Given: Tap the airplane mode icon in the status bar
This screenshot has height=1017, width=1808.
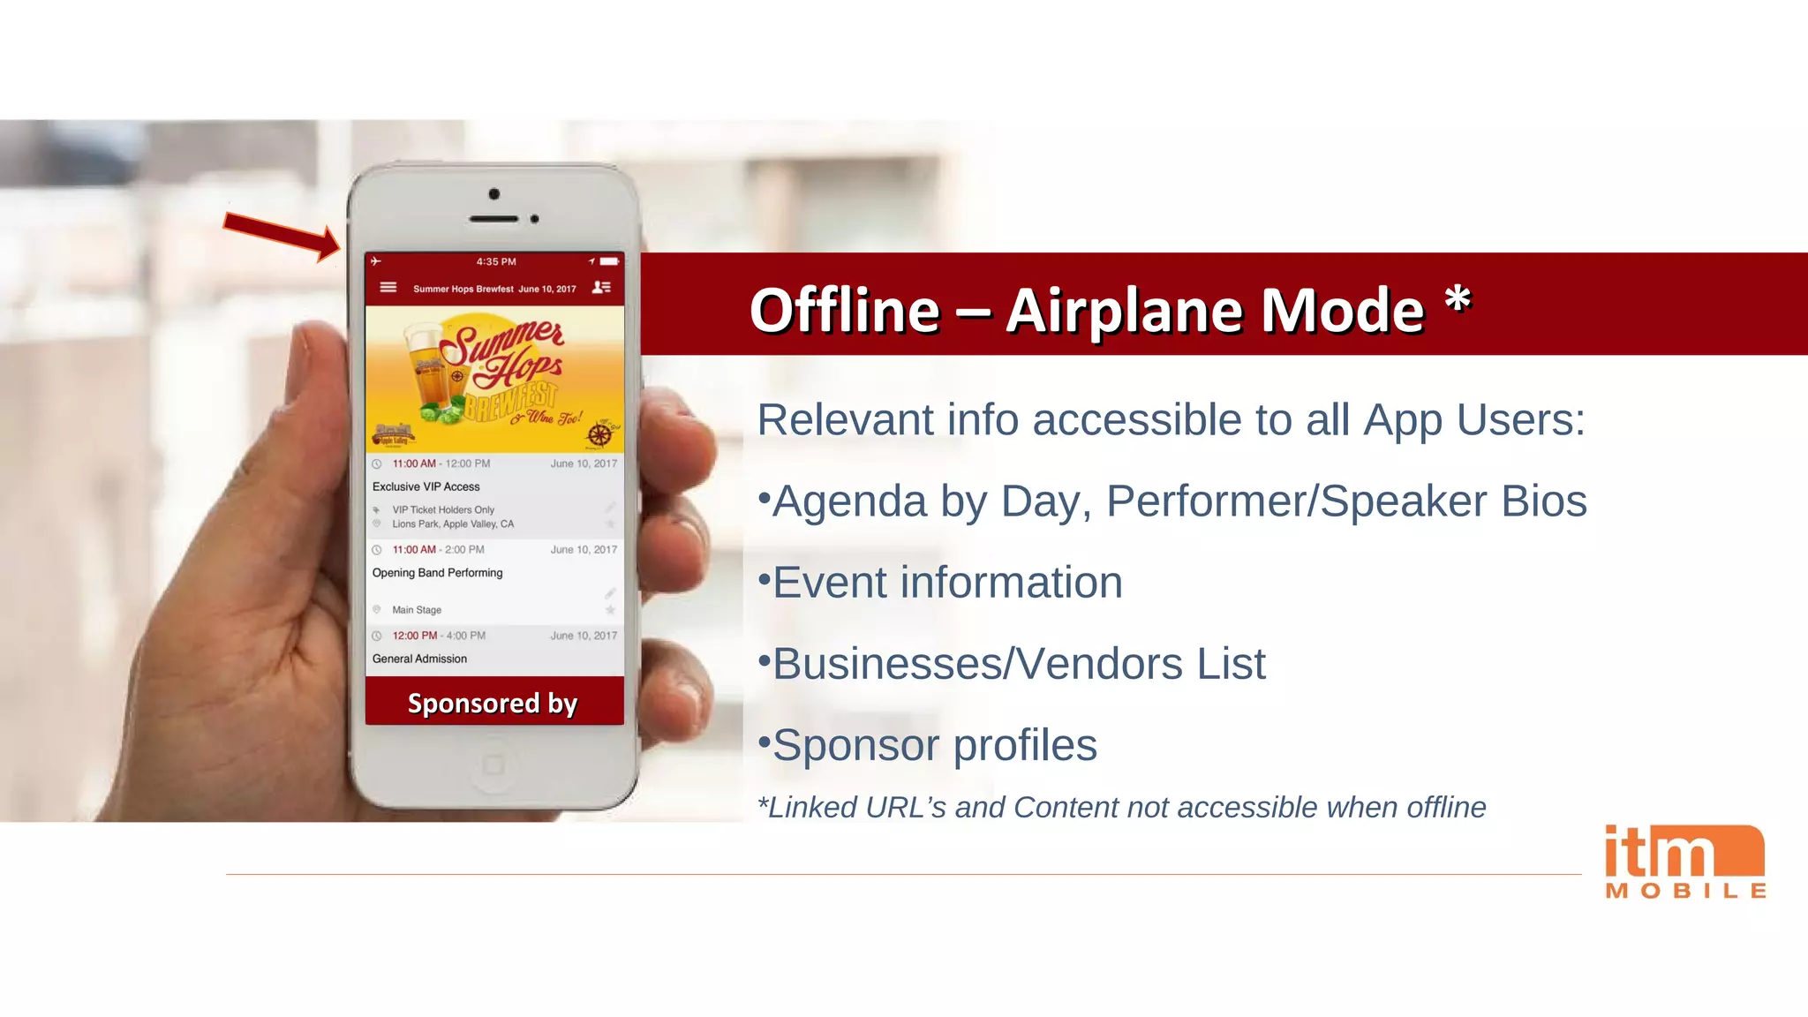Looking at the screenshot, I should [x=376, y=261].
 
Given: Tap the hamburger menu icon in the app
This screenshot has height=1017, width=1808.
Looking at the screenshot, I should [x=388, y=287].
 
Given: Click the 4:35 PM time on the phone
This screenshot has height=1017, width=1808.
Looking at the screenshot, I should [x=496, y=262].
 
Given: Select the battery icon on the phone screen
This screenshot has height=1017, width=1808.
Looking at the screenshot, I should [x=609, y=261].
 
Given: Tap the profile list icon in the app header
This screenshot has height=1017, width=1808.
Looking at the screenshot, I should [x=601, y=287].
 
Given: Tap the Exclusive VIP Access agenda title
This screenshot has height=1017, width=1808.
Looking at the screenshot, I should [x=426, y=486].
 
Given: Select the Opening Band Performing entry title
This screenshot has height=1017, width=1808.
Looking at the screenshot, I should [x=438, y=573].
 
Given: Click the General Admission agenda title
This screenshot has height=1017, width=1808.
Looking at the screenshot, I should [x=420, y=659].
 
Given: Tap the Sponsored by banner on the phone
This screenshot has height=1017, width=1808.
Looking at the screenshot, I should [x=493, y=703].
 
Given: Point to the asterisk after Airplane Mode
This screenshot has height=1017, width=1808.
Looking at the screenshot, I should [x=1458, y=301].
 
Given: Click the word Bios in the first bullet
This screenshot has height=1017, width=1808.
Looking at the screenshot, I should [x=1544, y=501].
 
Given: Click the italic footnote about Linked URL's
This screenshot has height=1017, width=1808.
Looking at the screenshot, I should [x=1122, y=807].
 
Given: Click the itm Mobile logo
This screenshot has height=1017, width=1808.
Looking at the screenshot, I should [x=1684, y=862].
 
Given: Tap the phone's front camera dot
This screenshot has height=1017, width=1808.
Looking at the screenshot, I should [x=494, y=194].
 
